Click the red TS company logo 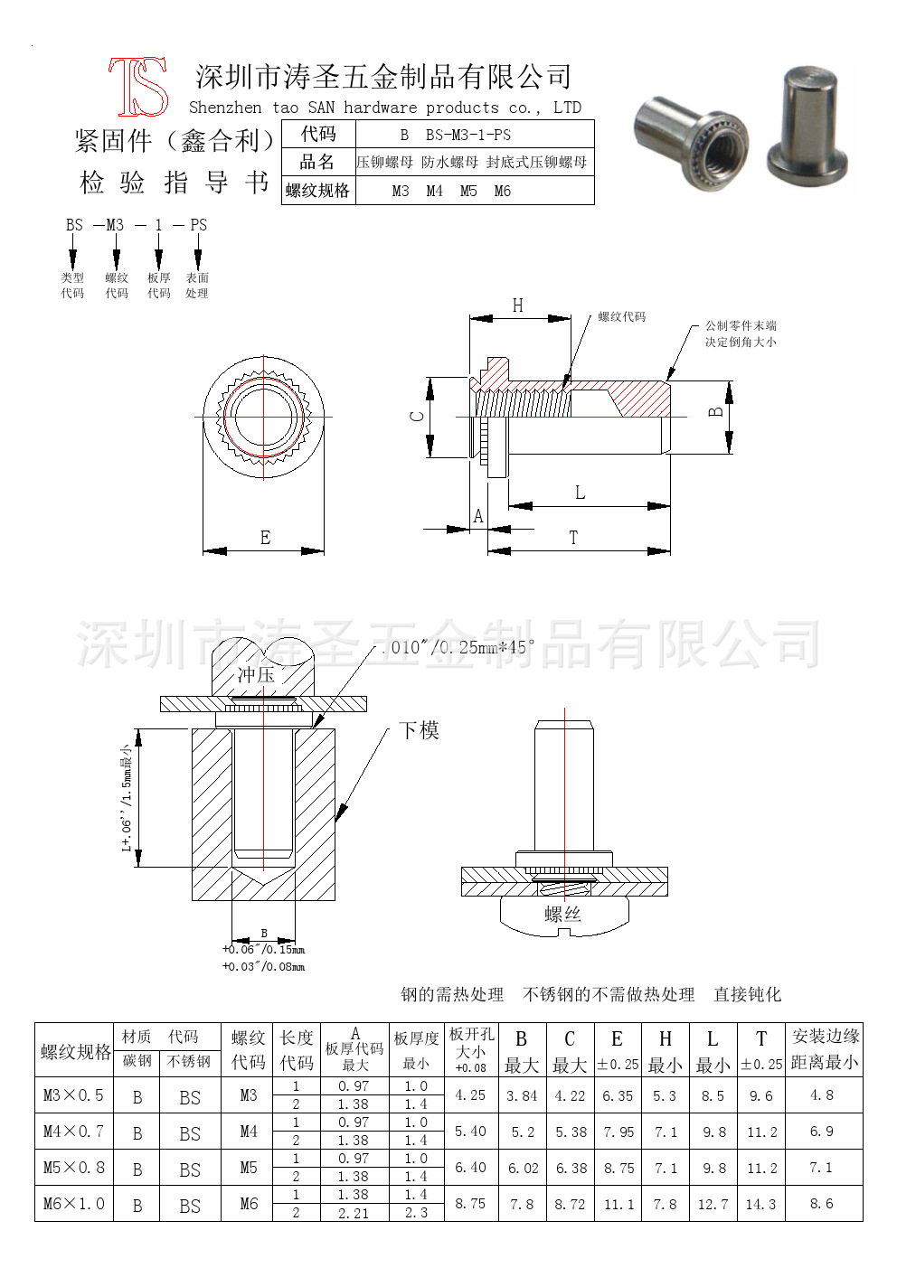[x=139, y=87]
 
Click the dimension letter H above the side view [x=518, y=305]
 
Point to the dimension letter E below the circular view [x=265, y=538]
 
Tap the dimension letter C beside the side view [x=417, y=417]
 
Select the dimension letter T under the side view [x=573, y=538]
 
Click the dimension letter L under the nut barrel [x=580, y=493]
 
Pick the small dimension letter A [x=478, y=516]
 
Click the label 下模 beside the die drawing [x=419, y=730]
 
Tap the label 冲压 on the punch [x=256, y=675]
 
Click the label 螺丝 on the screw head [x=562, y=915]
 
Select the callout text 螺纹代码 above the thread [x=622, y=317]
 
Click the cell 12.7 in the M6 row [x=713, y=1204]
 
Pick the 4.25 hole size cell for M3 [x=471, y=1094]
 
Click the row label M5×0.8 [x=74, y=1168]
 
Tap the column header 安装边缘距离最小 [x=825, y=1049]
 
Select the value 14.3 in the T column [x=761, y=1204]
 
